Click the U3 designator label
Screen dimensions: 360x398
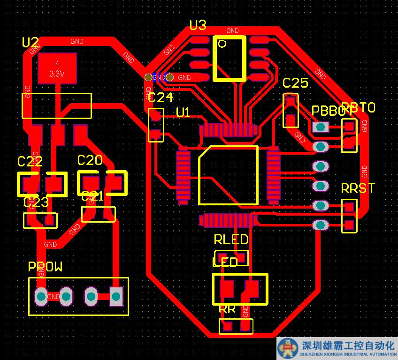tap(198, 25)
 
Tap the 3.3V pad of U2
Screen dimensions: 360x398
tap(57, 68)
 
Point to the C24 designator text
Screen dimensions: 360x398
tap(160, 97)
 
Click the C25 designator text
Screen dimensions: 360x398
tap(295, 83)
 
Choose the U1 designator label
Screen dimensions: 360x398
tap(183, 112)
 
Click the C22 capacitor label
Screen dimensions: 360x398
tap(30, 162)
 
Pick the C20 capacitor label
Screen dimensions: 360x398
tap(90, 161)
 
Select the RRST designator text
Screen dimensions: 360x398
tap(358, 188)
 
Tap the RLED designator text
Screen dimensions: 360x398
tap(231, 240)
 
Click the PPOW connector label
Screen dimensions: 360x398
tap(45, 267)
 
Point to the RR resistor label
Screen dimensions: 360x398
tap(228, 309)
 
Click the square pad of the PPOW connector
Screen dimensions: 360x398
tap(115, 296)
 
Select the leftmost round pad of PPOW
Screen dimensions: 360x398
tap(41, 296)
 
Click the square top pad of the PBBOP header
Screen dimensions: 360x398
tap(321, 127)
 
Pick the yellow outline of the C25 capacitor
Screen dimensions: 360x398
tap(284, 111)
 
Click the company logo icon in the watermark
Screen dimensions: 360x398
tap(287, 348)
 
